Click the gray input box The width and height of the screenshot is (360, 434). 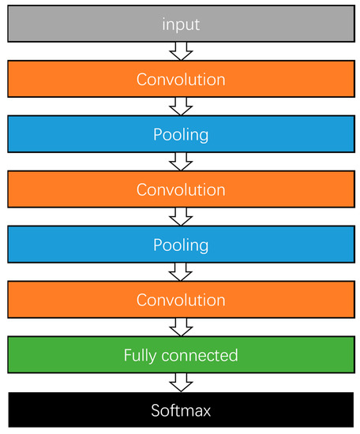click(180, 24)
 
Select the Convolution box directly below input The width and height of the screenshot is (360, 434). click(180, 80)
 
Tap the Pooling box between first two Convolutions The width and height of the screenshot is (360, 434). click(180, 135)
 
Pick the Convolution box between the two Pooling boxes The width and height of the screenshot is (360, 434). click(180, 190)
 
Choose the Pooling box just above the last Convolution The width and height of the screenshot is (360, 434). click(180, 245)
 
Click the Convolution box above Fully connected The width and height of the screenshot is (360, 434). click(180, 301)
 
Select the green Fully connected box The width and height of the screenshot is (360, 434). click(180, 356)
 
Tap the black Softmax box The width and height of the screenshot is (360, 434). click(180, 411)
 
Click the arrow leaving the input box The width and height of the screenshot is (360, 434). click(181, 51)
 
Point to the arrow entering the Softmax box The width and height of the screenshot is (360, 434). click(181, 383)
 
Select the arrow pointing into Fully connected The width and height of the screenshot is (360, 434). click(181, 327)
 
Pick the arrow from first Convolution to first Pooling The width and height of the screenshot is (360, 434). click(181, 107)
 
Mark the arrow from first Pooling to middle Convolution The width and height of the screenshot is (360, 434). click(181, 162)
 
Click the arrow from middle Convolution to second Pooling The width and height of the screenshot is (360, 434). click(181, 217)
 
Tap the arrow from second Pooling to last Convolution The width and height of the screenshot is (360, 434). click(181, 272)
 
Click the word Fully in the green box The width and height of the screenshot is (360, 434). click(141, 356)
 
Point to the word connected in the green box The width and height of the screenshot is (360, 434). click(199, 356)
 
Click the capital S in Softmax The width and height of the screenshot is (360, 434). click(156, 411)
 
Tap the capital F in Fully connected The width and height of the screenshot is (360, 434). click(128, 356)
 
